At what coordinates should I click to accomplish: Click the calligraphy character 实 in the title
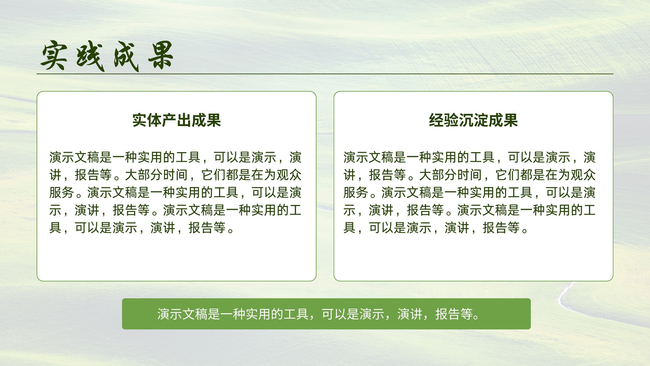click(54, 55)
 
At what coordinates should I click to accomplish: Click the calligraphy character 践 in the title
click(90, 57)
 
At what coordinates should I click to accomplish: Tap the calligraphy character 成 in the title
click(126, 57)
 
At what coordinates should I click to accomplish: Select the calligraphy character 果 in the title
click(161, 55)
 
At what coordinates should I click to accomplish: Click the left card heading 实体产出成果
click(176, 120)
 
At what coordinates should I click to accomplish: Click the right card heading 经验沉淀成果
click(473, 120)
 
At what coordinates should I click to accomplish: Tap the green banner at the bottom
click(326, 314)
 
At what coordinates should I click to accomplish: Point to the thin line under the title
click(325, 74)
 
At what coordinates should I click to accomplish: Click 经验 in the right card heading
click(444, 120)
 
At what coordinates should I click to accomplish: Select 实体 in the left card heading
click(147, 120)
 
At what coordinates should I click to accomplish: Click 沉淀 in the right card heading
click(473, 120)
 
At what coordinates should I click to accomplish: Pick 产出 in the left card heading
click(176, 120)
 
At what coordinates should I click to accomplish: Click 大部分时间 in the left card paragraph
click(156, 175)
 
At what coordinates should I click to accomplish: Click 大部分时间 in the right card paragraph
click(451, 175)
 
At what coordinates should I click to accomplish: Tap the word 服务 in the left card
click(61, 193)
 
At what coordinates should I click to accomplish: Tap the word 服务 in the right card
click(356, 193)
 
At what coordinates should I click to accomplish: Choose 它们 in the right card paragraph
click(508, 175)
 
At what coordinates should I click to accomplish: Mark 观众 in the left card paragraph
click(289, 175)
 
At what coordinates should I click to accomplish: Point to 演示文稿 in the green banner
click(182, 314)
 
